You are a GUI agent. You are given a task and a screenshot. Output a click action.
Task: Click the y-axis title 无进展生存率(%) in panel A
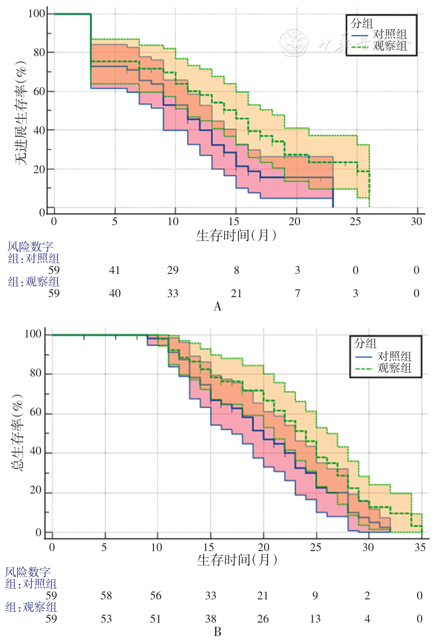point(21,113)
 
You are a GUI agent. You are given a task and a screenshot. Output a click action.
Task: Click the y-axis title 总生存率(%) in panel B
point(17,433)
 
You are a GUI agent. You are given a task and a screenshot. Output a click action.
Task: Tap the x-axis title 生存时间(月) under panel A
point(236,235)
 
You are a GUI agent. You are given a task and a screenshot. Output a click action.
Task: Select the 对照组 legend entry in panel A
point(390,34)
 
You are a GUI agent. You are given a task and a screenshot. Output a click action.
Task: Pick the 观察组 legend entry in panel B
point(394,368)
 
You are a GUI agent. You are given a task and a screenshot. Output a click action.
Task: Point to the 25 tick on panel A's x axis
point(355,221)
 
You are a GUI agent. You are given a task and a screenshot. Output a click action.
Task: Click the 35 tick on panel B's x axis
point(420,547)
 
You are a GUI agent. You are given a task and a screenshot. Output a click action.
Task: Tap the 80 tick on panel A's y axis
point(39,52)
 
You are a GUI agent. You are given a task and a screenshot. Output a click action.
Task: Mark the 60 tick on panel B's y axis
point(36,412)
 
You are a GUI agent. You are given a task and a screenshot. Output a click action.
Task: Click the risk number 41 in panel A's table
point(115,270)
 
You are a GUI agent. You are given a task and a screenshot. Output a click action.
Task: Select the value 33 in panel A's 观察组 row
point(173,293)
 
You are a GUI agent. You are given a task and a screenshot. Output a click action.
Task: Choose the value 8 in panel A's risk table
point(237,270)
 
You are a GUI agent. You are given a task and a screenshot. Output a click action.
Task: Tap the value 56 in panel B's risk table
point(156,596)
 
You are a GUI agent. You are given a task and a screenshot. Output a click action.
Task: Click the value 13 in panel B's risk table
point(315,619)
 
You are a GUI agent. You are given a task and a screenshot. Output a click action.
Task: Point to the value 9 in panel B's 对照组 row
point(315,596)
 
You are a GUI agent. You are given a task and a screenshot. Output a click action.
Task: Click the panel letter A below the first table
point(218,306)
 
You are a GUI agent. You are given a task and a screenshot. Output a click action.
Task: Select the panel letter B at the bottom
point(218,632)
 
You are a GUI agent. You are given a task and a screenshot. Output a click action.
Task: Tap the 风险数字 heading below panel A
point(30,247)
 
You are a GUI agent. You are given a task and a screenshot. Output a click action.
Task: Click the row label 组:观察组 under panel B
point(31,607)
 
